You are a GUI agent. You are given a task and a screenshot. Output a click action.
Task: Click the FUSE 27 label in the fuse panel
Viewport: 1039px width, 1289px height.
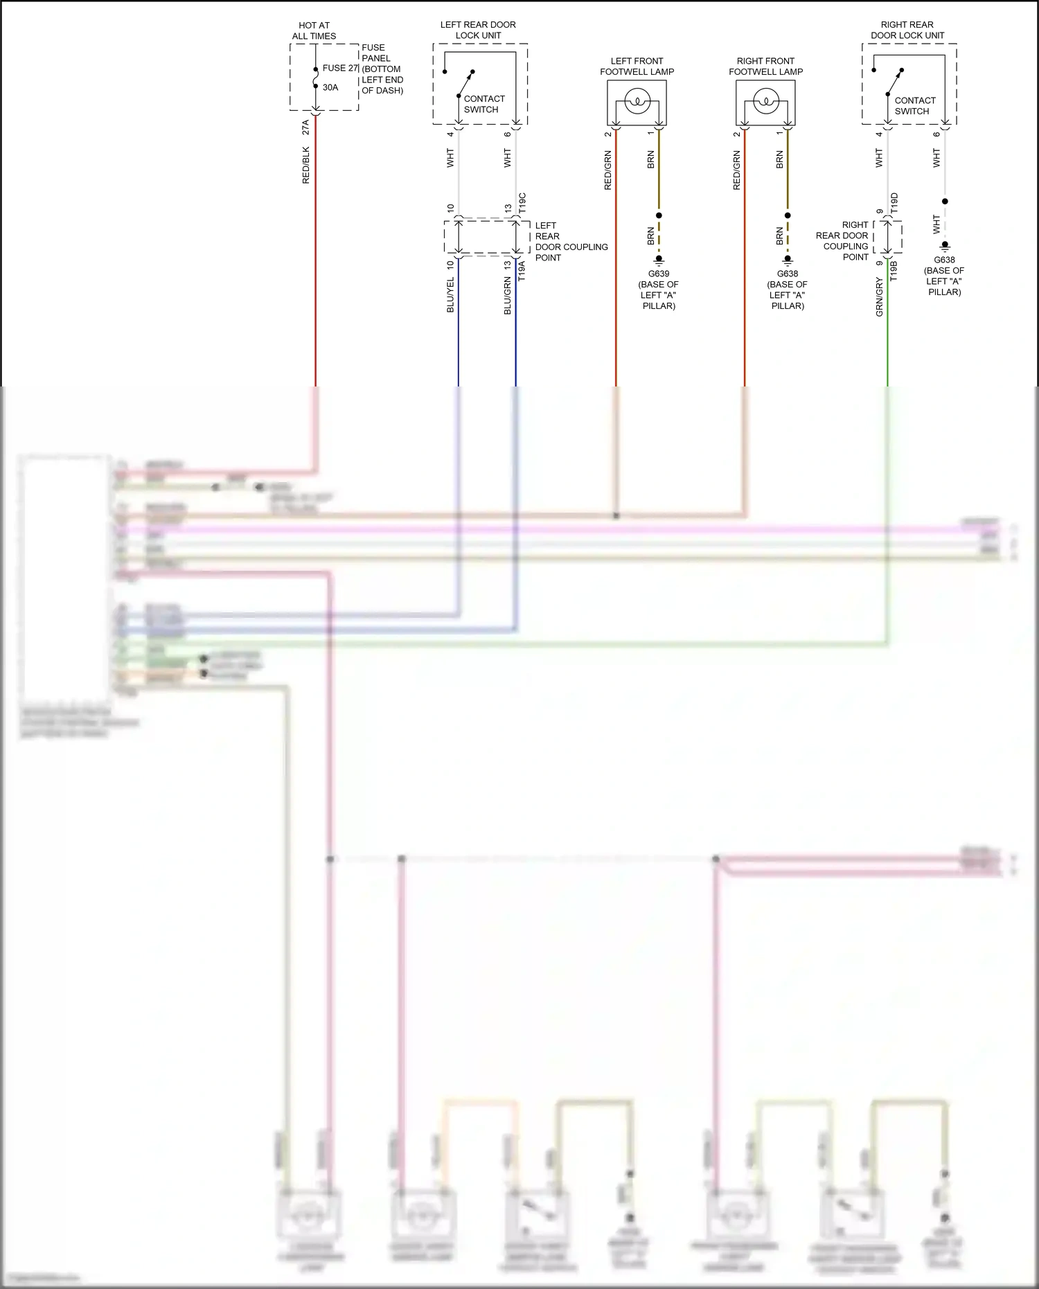(x=340, y=68)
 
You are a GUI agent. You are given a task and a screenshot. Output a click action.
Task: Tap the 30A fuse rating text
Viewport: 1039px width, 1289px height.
(x=330, y=87)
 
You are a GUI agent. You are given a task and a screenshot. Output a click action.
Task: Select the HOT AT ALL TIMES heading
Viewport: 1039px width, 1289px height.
(x=314, y=30)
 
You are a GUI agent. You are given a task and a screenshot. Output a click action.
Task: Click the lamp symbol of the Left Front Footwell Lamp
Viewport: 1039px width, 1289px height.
(x=637, y=103)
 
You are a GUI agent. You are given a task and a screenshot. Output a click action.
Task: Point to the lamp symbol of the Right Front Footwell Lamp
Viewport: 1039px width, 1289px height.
(x=765, y=103)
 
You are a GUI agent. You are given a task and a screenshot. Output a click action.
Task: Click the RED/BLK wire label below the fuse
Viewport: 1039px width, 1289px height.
(x=305, y=165)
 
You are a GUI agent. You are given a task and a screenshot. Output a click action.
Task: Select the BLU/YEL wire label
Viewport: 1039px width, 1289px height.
(x=450, y=295)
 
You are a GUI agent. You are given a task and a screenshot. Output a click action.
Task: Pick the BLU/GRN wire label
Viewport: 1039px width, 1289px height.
(x=507, y=296)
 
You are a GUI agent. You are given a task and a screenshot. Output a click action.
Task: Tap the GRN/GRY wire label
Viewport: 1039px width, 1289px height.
(x=879, y=297)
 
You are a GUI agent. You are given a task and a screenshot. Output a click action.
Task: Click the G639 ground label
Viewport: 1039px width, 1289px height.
(x=659, y=274)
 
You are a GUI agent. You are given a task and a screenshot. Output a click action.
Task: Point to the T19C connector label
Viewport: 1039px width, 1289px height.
(x=522, y=203)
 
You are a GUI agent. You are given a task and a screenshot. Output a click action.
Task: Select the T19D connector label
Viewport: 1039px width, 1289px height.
(x=894, y=203)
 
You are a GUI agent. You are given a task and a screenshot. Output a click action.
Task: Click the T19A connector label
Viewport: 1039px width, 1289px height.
(x=522, y=270)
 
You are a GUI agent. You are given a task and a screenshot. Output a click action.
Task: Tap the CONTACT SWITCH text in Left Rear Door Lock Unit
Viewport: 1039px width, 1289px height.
(x=483, y=104)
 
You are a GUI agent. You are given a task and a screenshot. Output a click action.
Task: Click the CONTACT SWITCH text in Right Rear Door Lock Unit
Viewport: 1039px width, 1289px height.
(x=914, y=105)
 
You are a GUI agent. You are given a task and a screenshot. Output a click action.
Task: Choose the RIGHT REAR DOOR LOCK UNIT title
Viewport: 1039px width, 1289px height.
(x=907, y=30)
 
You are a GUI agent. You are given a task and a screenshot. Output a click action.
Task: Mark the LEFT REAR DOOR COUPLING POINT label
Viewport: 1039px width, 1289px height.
(x=571, y=241)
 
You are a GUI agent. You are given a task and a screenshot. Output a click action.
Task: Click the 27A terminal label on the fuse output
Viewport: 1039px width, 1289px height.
(x=305, y=127)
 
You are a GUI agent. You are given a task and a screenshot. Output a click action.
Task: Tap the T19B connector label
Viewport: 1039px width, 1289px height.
(x=894, y=270)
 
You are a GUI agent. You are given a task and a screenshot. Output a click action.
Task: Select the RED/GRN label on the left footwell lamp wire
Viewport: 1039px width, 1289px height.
(x=607, y=170)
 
